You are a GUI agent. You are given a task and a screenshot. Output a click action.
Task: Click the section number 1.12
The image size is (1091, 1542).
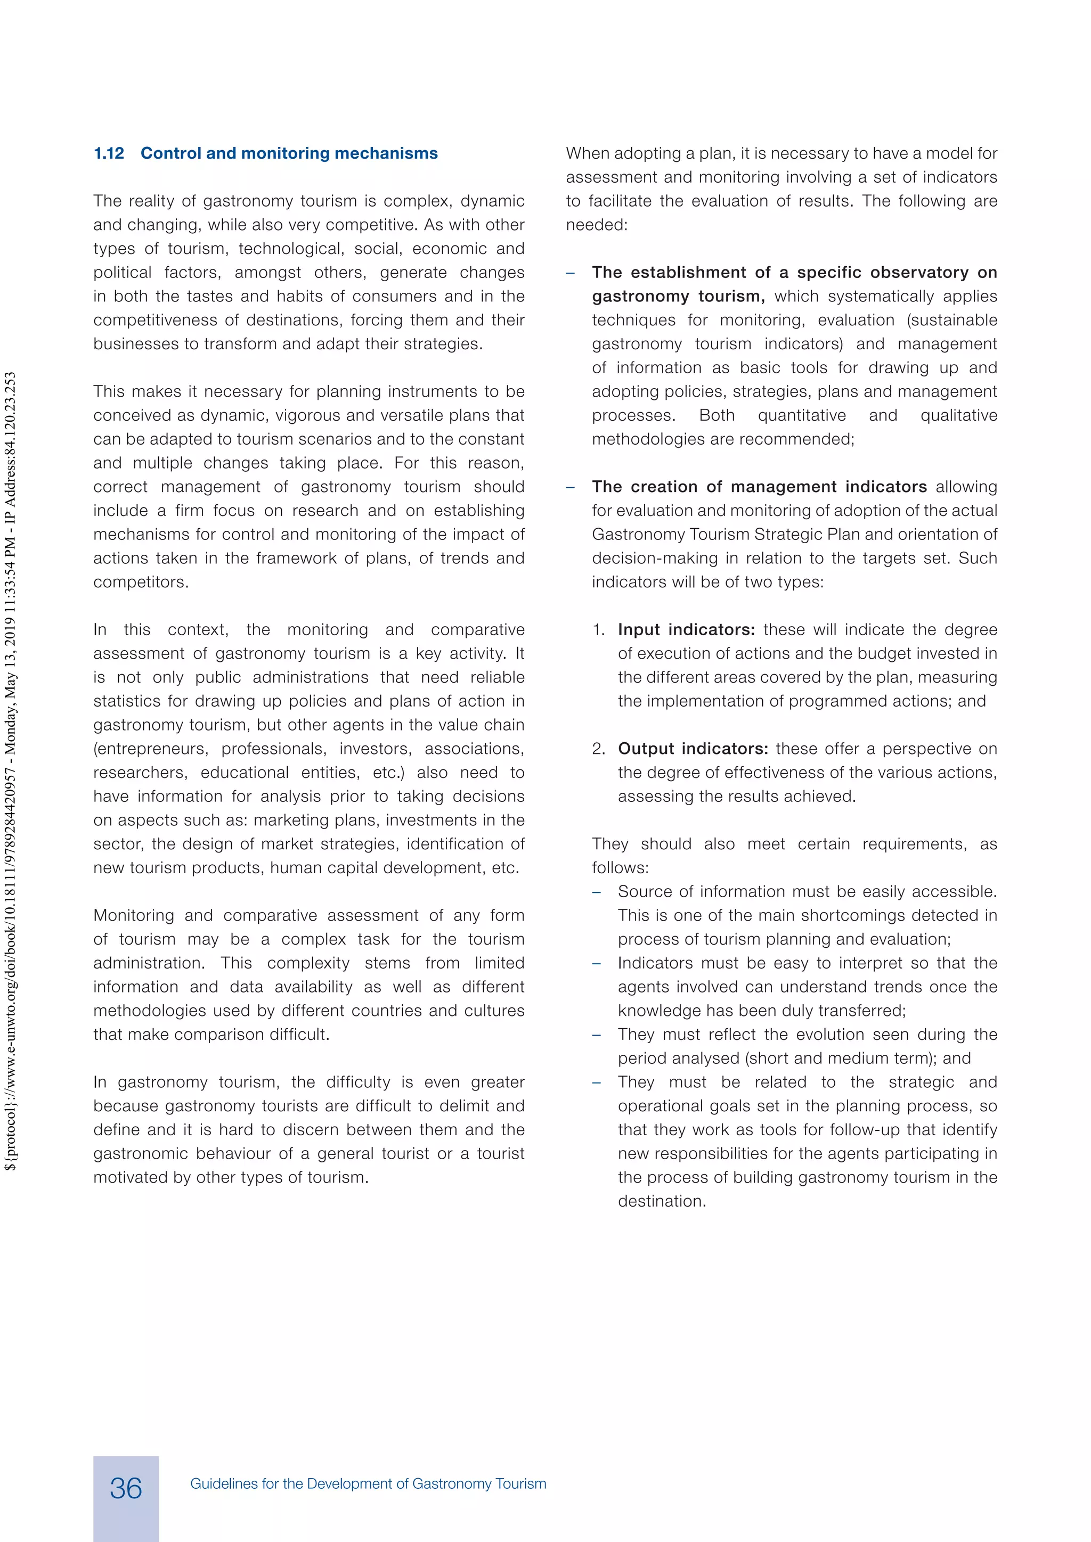coord(109,154)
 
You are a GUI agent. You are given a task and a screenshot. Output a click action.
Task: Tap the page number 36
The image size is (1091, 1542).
coord(126,1488)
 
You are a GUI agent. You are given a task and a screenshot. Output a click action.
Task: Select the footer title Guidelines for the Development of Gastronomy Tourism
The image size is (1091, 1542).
coord(368,1483)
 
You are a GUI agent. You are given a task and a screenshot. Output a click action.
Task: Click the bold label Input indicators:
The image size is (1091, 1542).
coord(686,630)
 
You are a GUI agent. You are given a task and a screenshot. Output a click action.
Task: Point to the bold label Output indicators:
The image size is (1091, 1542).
coord(693,749)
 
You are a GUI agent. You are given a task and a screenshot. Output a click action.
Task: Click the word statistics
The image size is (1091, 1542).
coord(128,701)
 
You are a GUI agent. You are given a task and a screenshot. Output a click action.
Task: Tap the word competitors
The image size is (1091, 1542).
coord(141,583)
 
